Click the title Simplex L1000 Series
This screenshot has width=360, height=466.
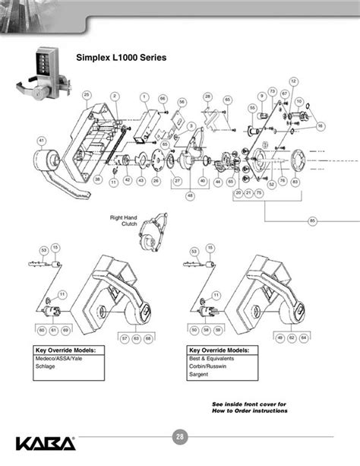[x=117, y=57]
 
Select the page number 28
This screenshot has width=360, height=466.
[x=179, y=436]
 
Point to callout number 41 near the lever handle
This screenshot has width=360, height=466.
[x=42, y=140]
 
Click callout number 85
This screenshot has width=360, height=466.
[x=312, y=220]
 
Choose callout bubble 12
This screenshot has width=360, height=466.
[x=293, y=81]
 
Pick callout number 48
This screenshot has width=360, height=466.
[x=191, y=195]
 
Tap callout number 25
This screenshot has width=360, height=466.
[x=87, y=94]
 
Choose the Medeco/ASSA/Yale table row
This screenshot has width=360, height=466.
[x=58, y=357]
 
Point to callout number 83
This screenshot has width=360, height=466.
[x=294, y=181]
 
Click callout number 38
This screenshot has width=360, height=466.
[x=98, y=179]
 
